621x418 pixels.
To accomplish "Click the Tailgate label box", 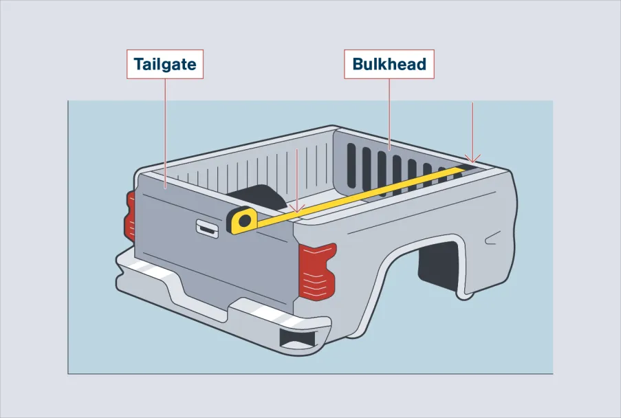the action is pyautogui.click(x=165, y=64).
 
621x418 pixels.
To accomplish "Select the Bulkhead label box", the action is pyautogui.click(x=389, y=64).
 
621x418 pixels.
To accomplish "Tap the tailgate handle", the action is pyautogui.click(x=208, y=229).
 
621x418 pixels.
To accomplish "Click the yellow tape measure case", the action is pyautogui.click(x=241, y=220).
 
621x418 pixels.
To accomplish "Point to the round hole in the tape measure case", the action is pyautogui.click(x=245, y=220).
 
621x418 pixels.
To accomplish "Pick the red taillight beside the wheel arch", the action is pyautogui.click(x=318, y=271).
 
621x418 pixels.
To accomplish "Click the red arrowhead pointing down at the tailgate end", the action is pyautogui.click(x=297, y=208).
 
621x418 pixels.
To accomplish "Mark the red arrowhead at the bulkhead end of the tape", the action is pyautogui.click(x=472, y=159).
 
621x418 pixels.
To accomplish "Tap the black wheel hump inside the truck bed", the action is pyautogui.click(x=258, y=197).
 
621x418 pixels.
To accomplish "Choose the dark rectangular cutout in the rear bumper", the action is pyautogui.click(x=298, y=338).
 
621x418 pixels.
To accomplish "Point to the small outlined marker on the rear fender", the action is pyautogui.click(x=491, y=239).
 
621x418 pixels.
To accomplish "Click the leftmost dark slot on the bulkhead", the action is pyautogui.click(x=351, y=166).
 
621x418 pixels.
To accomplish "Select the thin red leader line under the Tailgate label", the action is pyautogui.click(x=166, y=133).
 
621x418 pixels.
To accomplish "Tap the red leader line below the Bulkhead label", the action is pyautogui.click(x=389, y=114).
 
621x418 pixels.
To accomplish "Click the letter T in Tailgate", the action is pyautogui.click(x=139, y=64).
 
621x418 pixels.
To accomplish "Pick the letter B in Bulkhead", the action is pyautogui.click(x=358, y=64).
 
